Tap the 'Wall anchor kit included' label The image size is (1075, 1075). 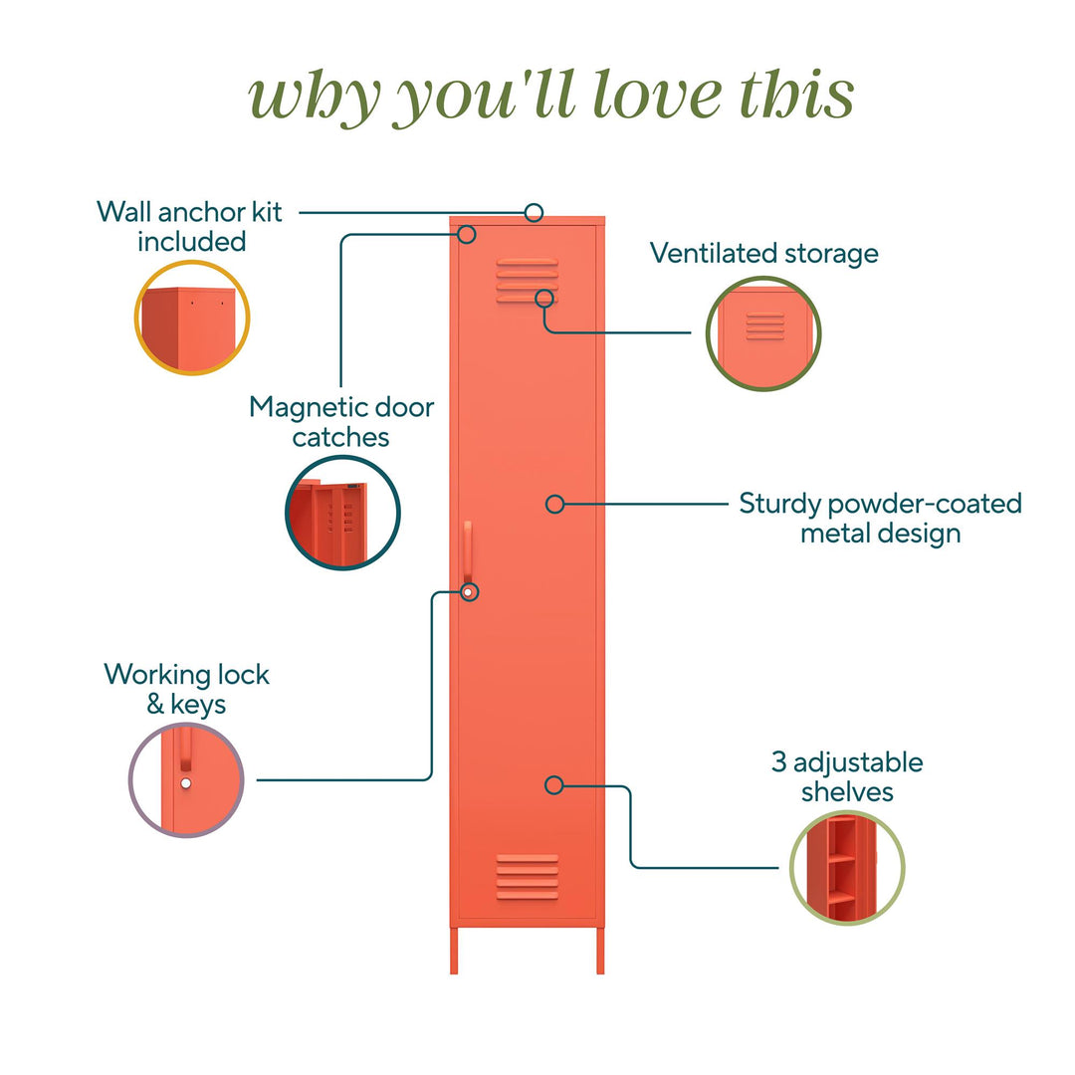coord(190,226)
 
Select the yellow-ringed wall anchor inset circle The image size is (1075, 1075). coord(192,318)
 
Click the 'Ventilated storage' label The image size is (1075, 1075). coord(764,253)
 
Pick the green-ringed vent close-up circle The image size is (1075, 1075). coord(763,332)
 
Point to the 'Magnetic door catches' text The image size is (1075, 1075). coord(341,421)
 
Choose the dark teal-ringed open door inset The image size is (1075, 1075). coord(343,513)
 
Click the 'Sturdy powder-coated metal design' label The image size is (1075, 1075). coord(880,518)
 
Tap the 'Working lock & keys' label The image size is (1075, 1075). coord(187,689)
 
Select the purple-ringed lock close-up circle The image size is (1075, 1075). coord(187,778)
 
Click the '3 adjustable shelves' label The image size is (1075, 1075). coord(847,776)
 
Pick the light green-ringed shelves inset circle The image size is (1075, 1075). coord(847,862)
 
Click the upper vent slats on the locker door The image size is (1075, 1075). coord(527,278)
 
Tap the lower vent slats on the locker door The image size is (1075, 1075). coord(527,876)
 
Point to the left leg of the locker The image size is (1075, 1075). coord(455,951)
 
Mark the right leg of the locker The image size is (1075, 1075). coord(600,951)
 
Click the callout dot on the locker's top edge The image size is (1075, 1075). coord(535,212)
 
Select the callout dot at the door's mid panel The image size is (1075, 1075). coord(555,505)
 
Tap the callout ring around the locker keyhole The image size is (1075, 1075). coord(470,592)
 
